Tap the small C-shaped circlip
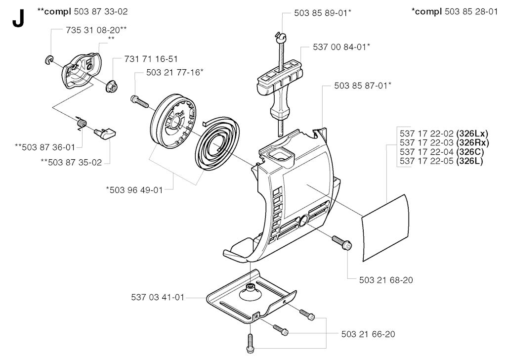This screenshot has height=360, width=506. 49,60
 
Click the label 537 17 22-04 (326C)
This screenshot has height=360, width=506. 442,152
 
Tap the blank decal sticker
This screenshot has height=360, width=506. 385,227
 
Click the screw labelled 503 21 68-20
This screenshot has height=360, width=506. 342,242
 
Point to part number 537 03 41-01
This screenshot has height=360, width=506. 158,297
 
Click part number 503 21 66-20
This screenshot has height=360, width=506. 368,334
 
